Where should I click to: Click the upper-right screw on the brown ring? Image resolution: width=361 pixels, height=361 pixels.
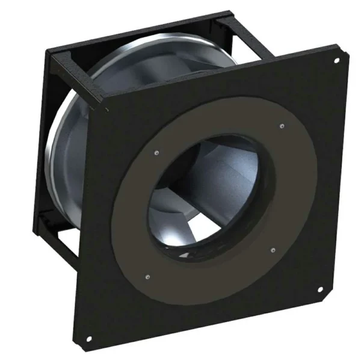(x=282, y=126)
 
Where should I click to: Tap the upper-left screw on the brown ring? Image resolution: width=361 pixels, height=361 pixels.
(x=156, y=152)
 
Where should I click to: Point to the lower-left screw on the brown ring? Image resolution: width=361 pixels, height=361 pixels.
(x=147, y=277)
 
